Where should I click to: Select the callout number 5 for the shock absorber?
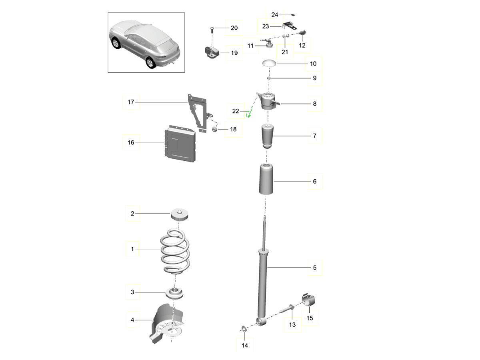[x=314, y=267]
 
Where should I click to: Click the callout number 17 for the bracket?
[x=131, y=102]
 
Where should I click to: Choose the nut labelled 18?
[x=214, y=129]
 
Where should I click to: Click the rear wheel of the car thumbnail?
[x=150, y=63]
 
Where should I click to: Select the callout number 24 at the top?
[x=274, y=15]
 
